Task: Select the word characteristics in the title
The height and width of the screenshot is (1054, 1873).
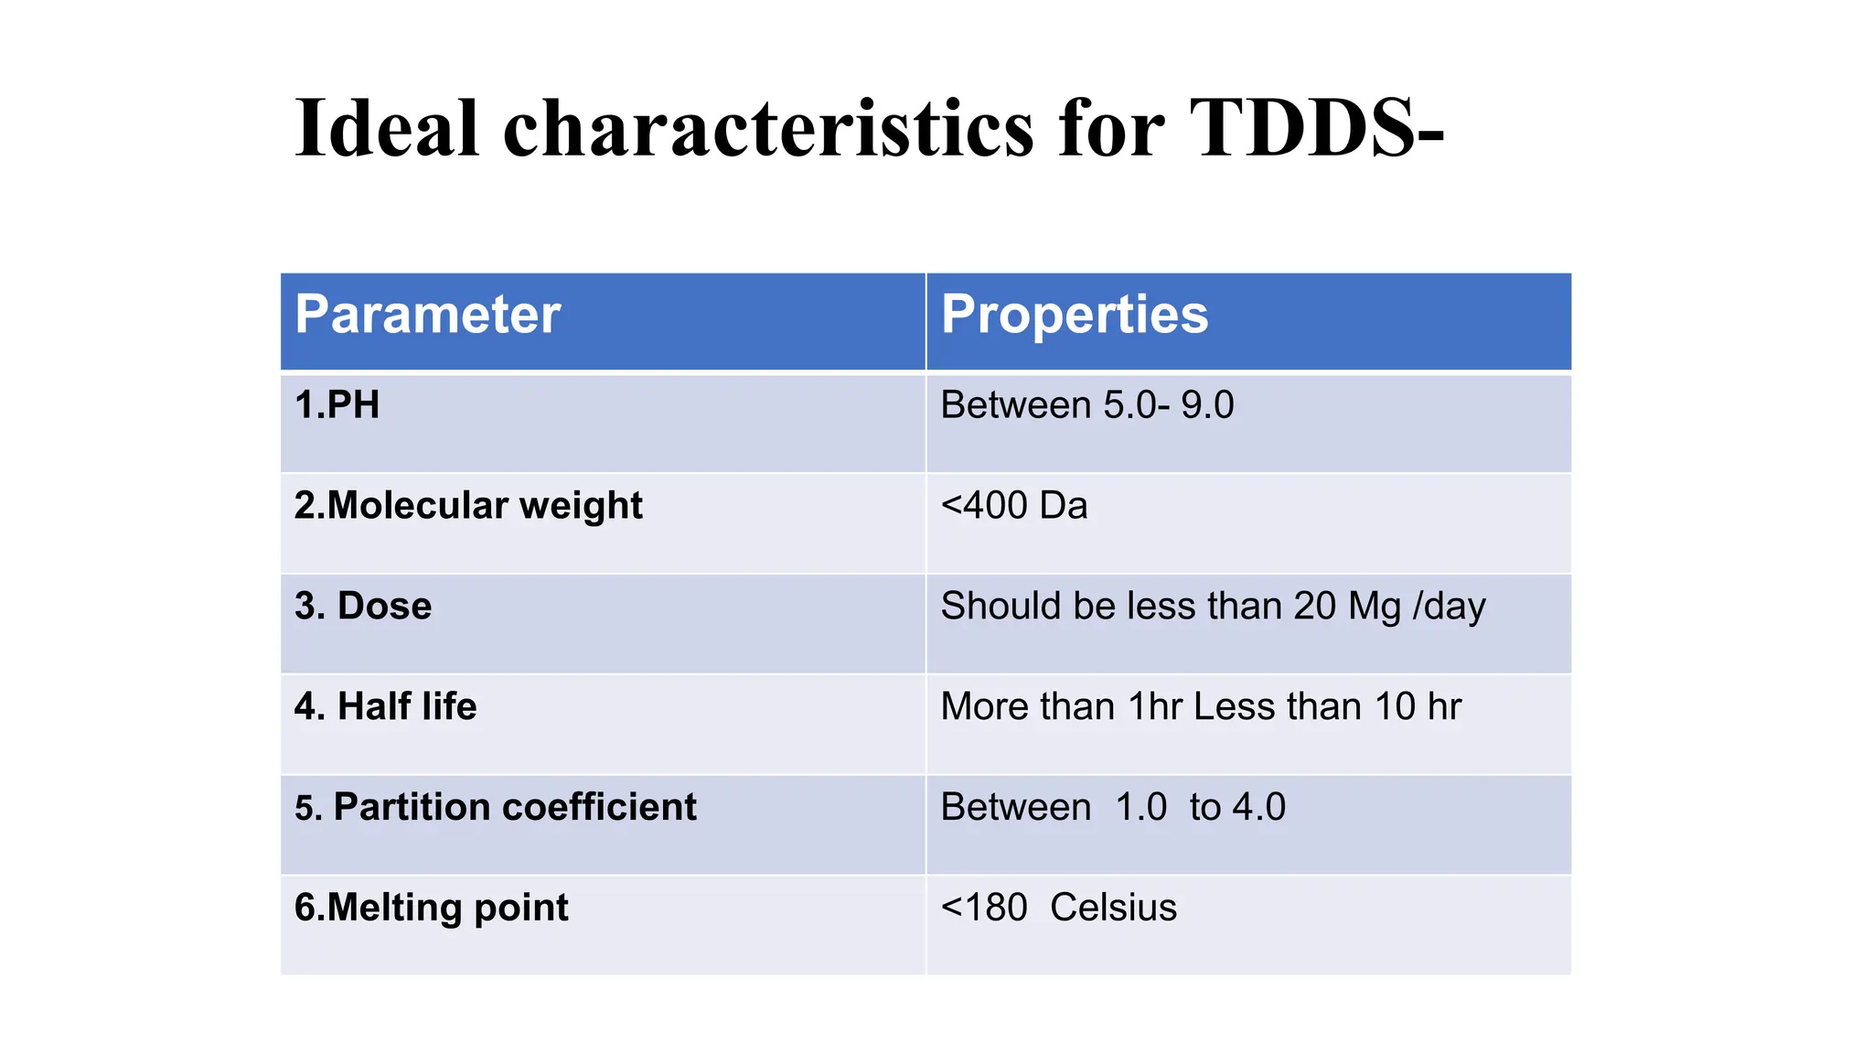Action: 768,128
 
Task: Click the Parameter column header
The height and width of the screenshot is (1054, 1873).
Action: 427,315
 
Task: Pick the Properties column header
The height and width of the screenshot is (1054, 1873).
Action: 1075,315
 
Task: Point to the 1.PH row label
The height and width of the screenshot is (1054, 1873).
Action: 337,405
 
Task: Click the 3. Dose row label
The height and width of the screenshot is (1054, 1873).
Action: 363,607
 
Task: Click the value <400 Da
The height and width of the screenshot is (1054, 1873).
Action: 1014,506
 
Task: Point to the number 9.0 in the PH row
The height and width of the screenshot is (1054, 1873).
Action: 1207,405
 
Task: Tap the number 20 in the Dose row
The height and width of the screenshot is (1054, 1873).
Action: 1315,607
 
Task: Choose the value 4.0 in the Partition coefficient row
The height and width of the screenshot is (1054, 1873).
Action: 1259,808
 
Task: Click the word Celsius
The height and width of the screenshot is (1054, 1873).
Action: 1113,909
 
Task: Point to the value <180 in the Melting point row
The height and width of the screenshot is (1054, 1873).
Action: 984,909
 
